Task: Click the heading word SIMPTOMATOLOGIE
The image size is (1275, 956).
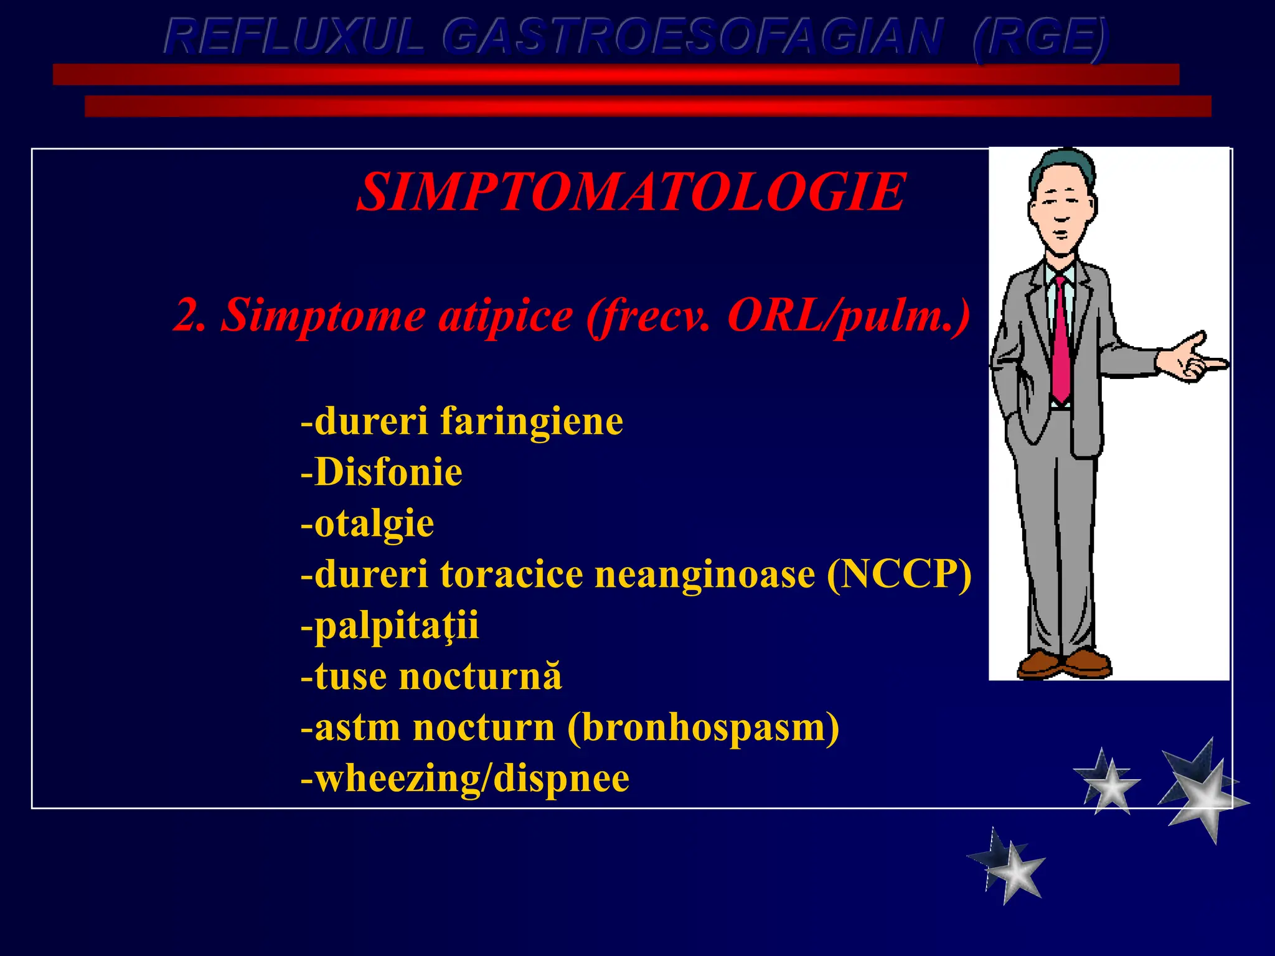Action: (x=630, y=192)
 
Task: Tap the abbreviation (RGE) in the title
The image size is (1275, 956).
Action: (x=1040, y=37)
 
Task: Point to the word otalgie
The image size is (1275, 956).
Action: (x=374, y=523)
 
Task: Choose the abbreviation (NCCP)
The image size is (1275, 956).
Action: (x=899, y=574)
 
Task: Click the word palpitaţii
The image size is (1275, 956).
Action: (x=396, y=626)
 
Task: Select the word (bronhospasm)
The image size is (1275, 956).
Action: (x=703, y=728)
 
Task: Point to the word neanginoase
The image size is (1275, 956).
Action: (x=705, y=574)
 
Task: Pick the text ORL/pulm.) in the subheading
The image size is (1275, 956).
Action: (x=848, y=316)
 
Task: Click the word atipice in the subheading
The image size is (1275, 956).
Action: (x=506, y=316)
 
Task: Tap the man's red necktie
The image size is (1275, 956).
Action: (x=1060, y=342)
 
